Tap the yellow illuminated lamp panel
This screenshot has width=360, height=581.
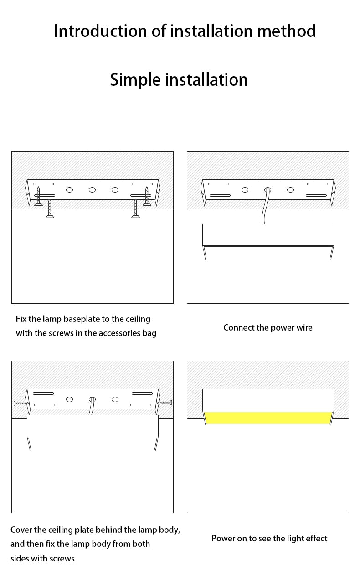click(x=268, y=418)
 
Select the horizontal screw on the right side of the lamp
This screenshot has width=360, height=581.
click(x=165, y=403)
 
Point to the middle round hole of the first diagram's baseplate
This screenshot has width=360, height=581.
click(x=92, y=189)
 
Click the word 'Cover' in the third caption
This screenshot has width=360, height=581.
click(x=21, y=530)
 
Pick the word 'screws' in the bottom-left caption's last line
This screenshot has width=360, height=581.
click(x=62, y=558)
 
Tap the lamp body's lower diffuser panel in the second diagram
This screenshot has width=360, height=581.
click(x=268, y=253)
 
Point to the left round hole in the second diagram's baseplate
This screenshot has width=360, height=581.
click(x=245, y=189)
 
